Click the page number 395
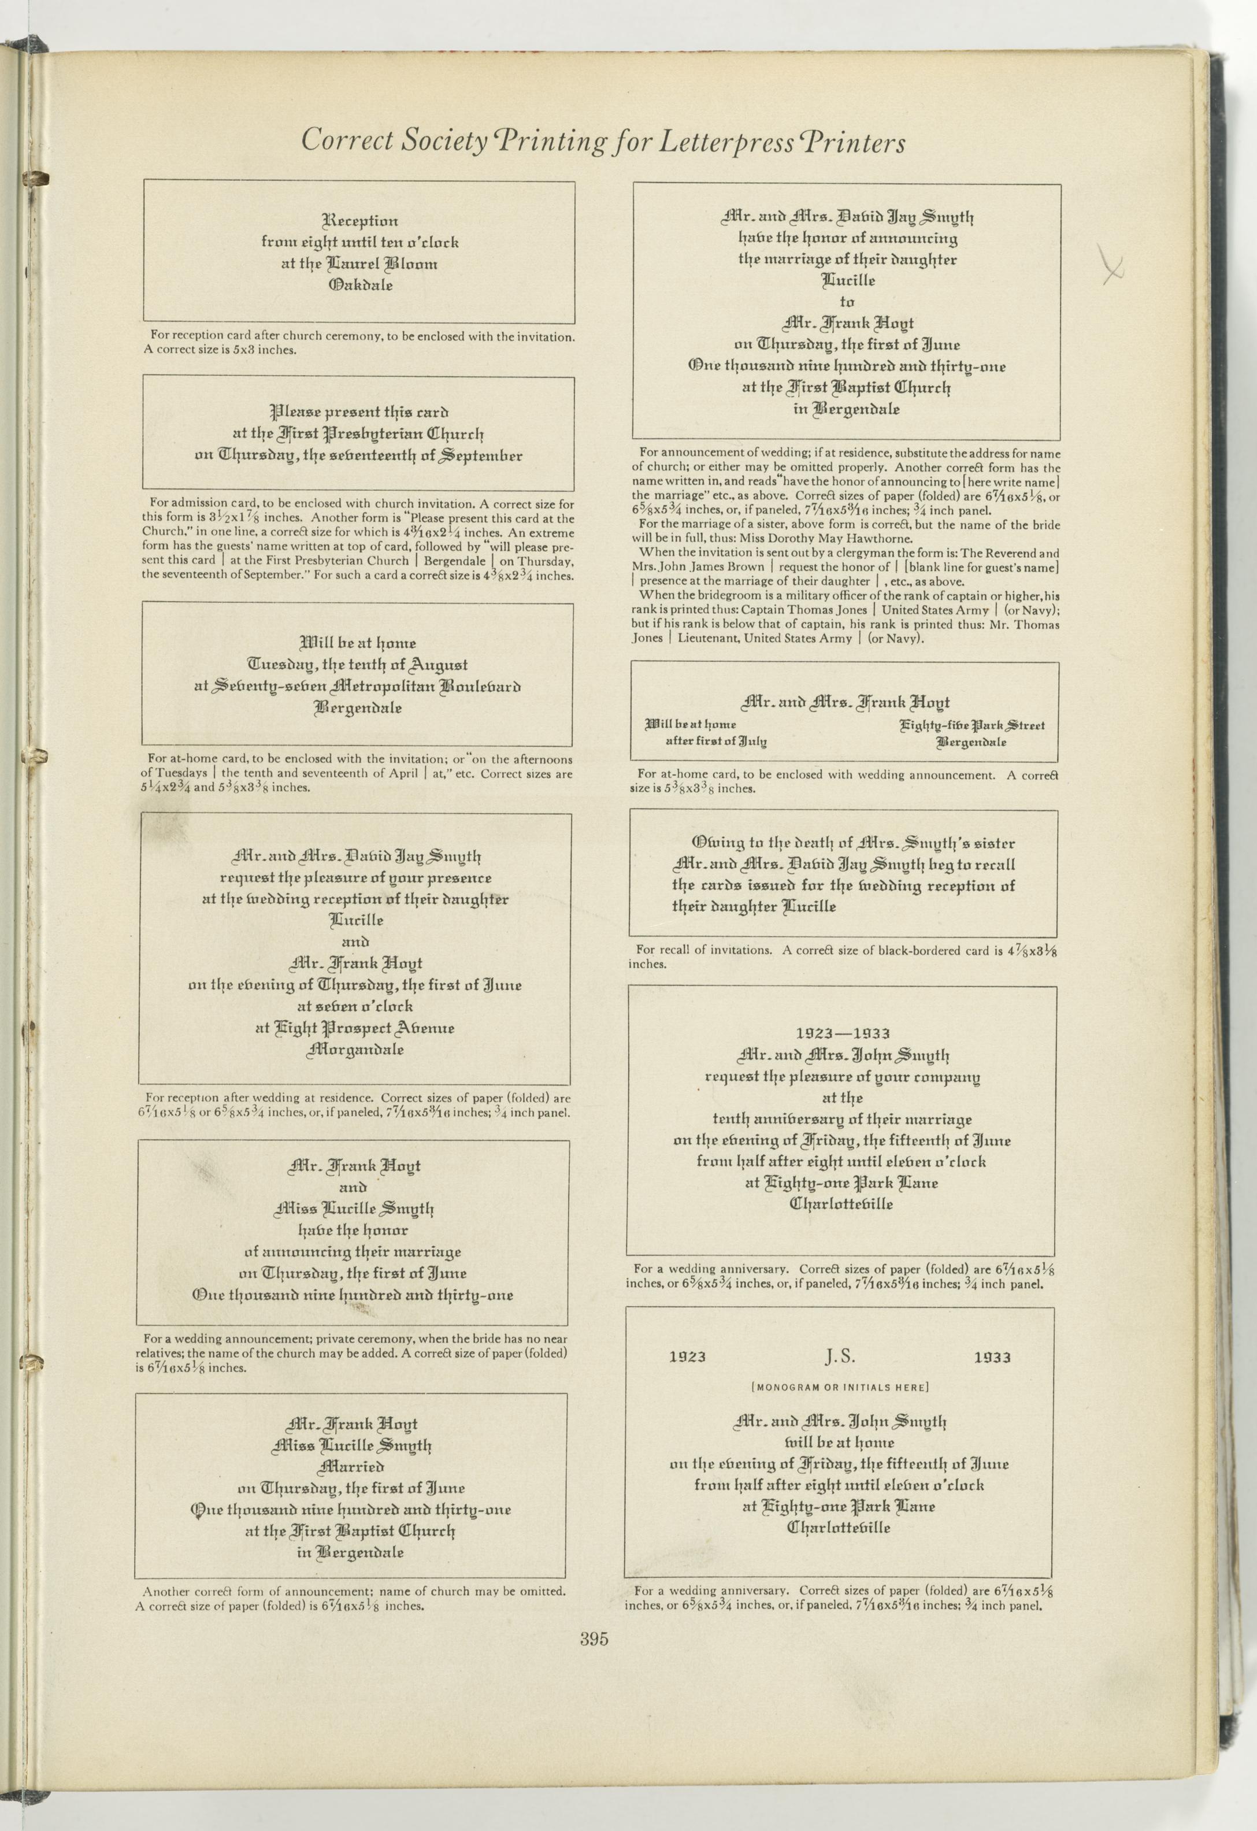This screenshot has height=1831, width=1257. [595, 1640]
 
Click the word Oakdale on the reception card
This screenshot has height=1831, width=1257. [360, 285]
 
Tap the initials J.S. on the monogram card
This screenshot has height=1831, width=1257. [840, 1356]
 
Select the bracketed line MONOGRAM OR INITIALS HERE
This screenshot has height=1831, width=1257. [840, 1387]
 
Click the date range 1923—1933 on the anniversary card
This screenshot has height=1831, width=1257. [842, 1033]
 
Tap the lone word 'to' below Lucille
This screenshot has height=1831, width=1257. [847, 302]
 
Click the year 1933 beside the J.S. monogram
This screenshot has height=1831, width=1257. [992, 1358]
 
